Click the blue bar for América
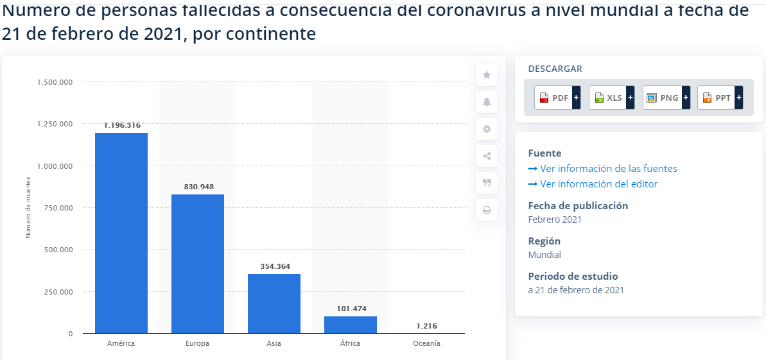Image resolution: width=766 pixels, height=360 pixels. pyautogui.click(x=121, y=233)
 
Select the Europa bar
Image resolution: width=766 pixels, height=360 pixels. pyautogui.click(x=198, y=264)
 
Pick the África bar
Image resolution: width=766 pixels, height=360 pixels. pyautogui.click(x=351, y=325)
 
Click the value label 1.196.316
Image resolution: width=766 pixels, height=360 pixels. pyautogui.click(x=121, y=125)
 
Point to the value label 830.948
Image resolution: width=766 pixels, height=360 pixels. pyautogui.click(x=198, y=187)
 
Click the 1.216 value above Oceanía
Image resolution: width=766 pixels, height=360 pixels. pyautogui.click(x=426, y=326)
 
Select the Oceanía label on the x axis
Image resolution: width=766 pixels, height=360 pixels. pyautogui.click(x=426, y=343)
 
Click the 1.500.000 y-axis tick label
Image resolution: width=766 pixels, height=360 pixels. pyautogui.click(x=55, y=82)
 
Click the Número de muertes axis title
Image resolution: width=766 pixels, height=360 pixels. pyautogui.click(x=28, y=207)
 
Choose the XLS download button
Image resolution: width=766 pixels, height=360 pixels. pyautogui.click(x=611, y=98)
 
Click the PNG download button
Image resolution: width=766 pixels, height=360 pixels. pyautogui.click(x=666, y=98)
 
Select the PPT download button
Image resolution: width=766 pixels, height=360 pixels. pyautogui.click(x=720, y=98)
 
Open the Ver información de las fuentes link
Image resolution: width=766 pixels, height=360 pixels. pyautogui.click(x=608, y=169)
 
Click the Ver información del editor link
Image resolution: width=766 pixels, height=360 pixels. pyautogui.click(x=598, y=184)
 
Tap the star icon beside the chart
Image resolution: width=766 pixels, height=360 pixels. pyautogui.click(x=487, y=75)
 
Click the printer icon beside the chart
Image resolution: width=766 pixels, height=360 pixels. pyautogui.click(x=487, y=210)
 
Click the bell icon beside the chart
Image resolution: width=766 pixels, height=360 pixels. pyautogui.click(x=487, y=102)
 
